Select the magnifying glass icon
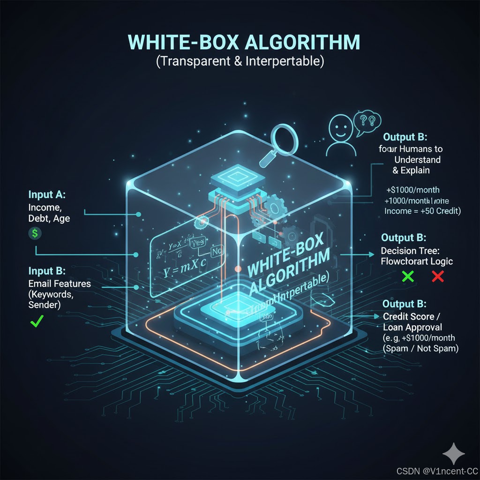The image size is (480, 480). point(276,140)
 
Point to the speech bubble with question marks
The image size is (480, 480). point(366,121)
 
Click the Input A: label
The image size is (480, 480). point(47,195)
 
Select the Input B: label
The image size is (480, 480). point(47,271)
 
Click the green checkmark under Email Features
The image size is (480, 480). point(36,321)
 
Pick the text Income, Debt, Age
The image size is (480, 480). point(49,212)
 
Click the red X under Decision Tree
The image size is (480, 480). point(437,276)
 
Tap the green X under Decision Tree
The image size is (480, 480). point(408,276)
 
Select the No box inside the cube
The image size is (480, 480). point(217,251)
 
